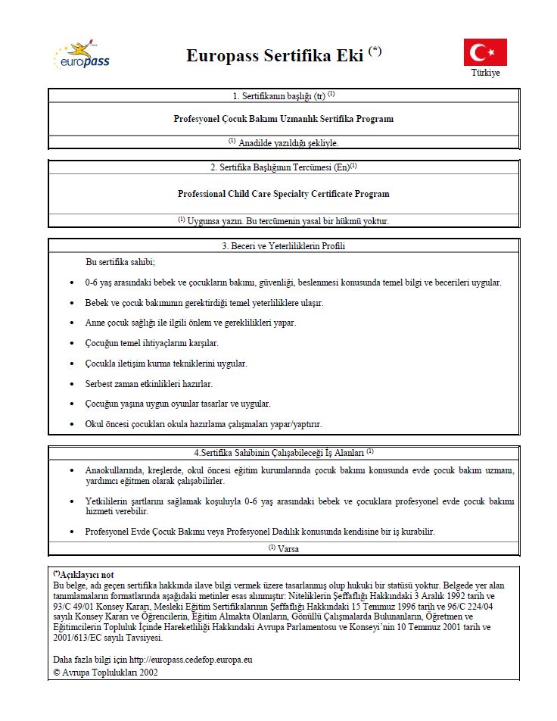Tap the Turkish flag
tap(485, 52)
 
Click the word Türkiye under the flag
tap(485, 73)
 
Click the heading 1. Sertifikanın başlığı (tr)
tap(284, 96)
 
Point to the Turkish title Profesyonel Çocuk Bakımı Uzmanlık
tap(284, 119)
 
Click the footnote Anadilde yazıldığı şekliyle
tap(284, 142)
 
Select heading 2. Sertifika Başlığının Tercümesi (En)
tap(284, 167)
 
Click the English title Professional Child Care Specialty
tap(284, 194)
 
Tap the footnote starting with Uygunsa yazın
tap(284, 220)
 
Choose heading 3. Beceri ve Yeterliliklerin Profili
tap(284, 245)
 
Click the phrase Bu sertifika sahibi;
tap(120, 262)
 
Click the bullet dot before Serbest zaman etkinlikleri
tap(71, 384)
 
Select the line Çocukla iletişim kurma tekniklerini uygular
tap(166, 364)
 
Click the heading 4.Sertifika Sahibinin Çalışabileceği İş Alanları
tap(284, 452)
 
